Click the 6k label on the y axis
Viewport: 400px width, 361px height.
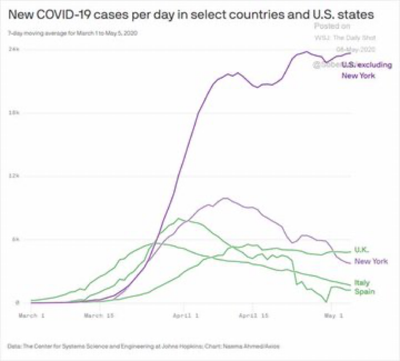16,240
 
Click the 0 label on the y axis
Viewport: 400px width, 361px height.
17,303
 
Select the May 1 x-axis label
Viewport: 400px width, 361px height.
332,316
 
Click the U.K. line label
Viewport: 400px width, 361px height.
362,249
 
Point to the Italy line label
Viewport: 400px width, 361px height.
362,283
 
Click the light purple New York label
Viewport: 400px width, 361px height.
371,261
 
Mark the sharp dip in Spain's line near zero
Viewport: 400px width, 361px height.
326,302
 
